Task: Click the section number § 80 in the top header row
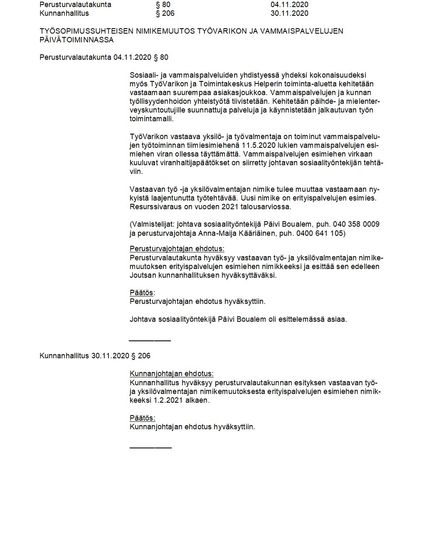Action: pos(163,5)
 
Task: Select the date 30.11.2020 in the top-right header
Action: pos(289,13)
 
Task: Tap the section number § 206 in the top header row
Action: pos(165,13)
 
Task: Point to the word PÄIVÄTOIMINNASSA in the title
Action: pos(76,40)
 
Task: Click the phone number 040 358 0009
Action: pos(356,224)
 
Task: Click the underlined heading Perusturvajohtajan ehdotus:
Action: pos(177,249)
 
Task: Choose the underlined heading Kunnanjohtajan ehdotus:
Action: pos(172,374)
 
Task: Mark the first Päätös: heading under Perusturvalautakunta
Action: pos(142,293)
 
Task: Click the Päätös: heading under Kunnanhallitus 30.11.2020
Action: pos(142,418)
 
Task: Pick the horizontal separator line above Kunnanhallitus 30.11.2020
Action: pos(150,340)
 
